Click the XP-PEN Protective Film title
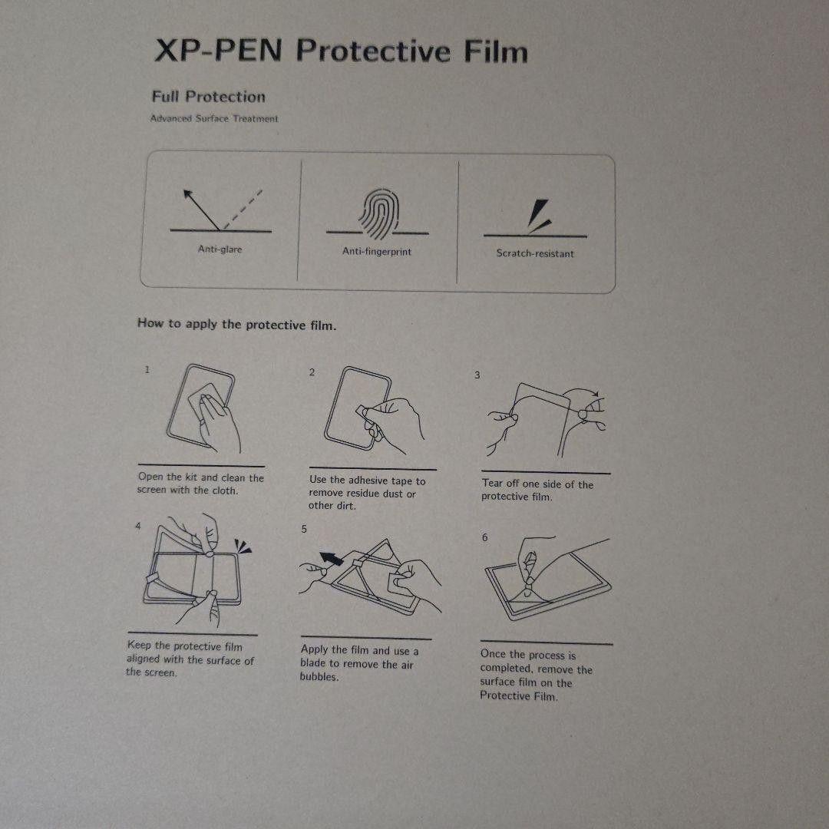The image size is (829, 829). [341, 51]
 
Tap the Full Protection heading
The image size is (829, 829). [208, 97]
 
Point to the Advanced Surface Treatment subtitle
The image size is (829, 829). [214, 119]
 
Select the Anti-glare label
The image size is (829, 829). [220, 249]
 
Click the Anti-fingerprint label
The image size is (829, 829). [376, 252]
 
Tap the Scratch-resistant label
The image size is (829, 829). [534, 253]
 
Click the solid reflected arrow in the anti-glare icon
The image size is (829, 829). [200, 207]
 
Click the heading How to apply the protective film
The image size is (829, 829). [236, 324]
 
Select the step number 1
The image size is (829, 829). [147, 370]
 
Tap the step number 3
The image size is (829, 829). [477, 375]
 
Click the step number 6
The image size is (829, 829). [484, 537]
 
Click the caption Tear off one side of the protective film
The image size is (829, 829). [537, 490]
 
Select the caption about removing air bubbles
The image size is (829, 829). [359, 663]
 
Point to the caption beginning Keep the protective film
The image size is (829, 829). [190, 659]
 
